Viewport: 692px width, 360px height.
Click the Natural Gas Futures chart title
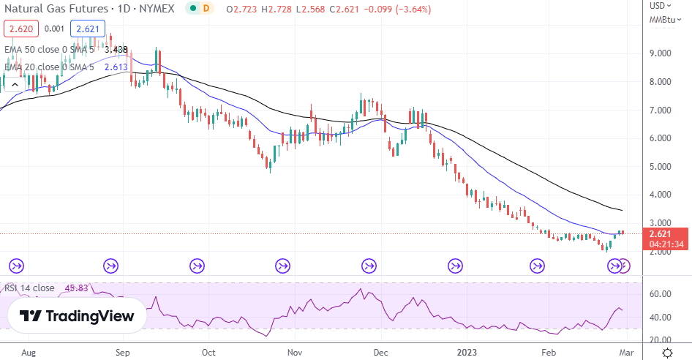pyautogui.click(x=86, y=9)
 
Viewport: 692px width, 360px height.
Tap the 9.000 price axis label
pyautogui.click(x=661, y=53)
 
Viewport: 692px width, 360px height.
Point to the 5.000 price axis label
pyautogui.click(x=661, y=166)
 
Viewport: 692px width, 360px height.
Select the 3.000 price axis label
pyautogui.click(x=661, y=223)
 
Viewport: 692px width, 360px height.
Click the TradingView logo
pyautogui.click(x=78, y=316)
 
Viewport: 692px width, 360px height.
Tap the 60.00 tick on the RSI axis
pyautogui.click(x=661, y=294)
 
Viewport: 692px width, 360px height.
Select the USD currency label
pyautogui.click(x=658, y=6)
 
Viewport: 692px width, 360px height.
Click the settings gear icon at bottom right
pyautogui.click(x=667, y=353)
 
